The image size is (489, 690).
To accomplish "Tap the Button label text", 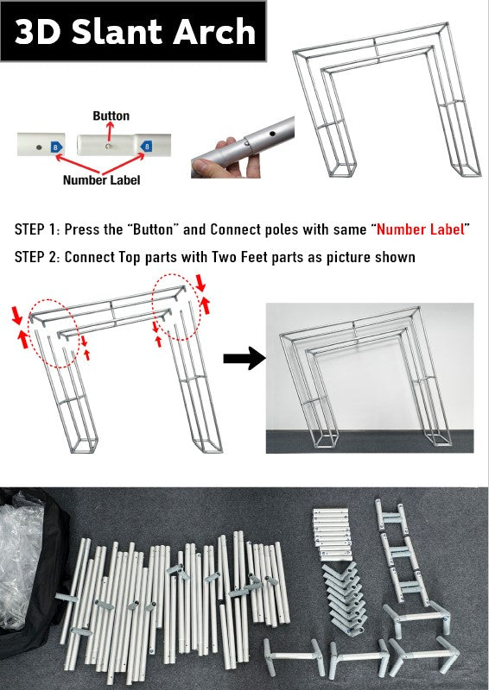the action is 111,116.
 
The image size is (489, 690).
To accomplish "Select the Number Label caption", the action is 101,179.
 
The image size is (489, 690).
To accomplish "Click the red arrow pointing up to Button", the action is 110,131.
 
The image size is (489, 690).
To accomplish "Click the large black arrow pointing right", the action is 244,358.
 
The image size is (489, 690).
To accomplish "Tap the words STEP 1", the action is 37,229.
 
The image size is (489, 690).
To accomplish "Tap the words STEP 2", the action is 37,257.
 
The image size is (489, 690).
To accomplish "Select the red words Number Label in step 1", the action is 420,229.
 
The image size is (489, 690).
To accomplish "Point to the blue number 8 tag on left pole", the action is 57,147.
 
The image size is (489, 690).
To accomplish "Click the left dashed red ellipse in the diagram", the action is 53,335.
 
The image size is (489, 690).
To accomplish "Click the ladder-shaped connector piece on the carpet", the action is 401,550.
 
